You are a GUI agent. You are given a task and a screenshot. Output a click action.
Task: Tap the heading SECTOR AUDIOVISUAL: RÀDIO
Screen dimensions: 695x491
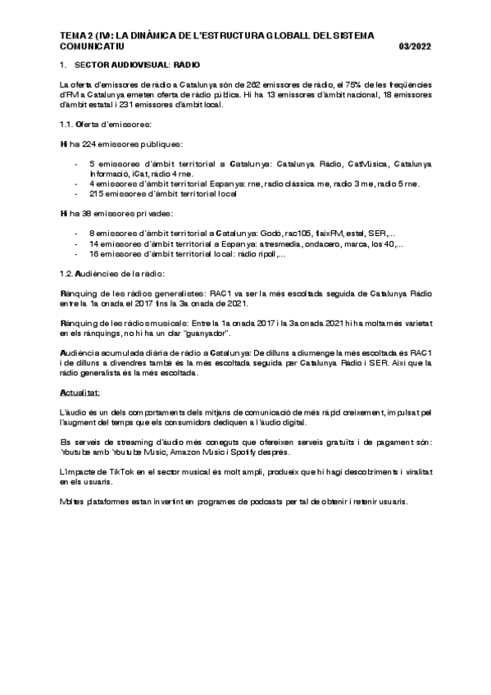click(x=136, y=64)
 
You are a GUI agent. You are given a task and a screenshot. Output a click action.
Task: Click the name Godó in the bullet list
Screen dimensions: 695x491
click(x=288, y=234)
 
